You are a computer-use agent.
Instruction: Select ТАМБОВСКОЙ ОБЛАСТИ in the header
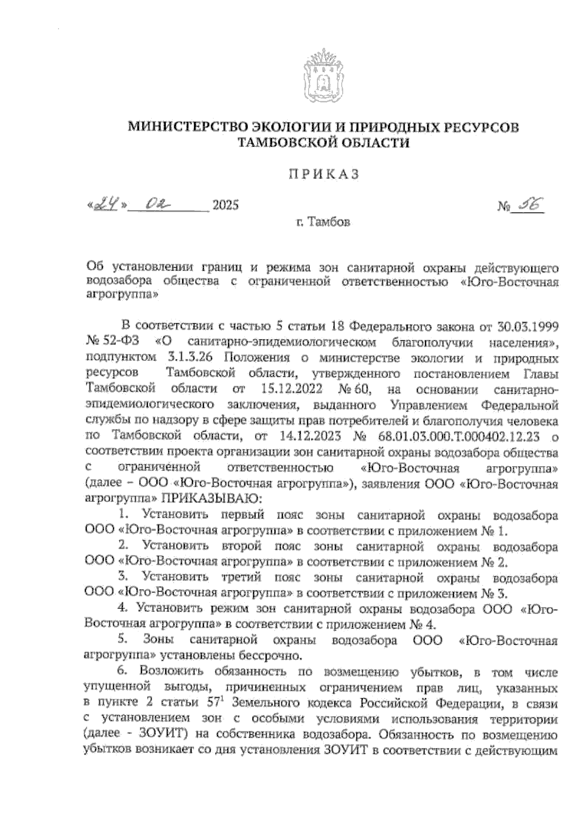tap(323, 143)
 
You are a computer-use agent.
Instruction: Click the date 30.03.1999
tap(528, 326)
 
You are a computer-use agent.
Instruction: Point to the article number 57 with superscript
tap(217, 703)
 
